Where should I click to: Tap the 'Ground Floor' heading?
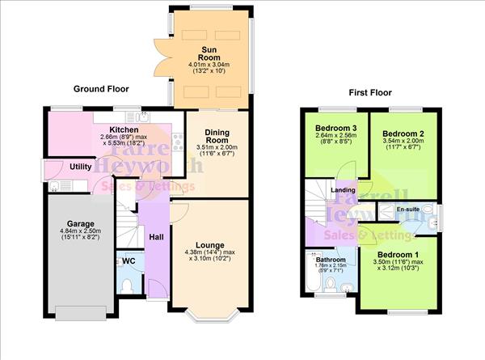101,88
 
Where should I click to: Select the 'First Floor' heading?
370,93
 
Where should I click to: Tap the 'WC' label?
127,261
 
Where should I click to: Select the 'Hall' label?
156,237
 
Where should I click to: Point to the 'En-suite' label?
407,210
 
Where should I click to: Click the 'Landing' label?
344,190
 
